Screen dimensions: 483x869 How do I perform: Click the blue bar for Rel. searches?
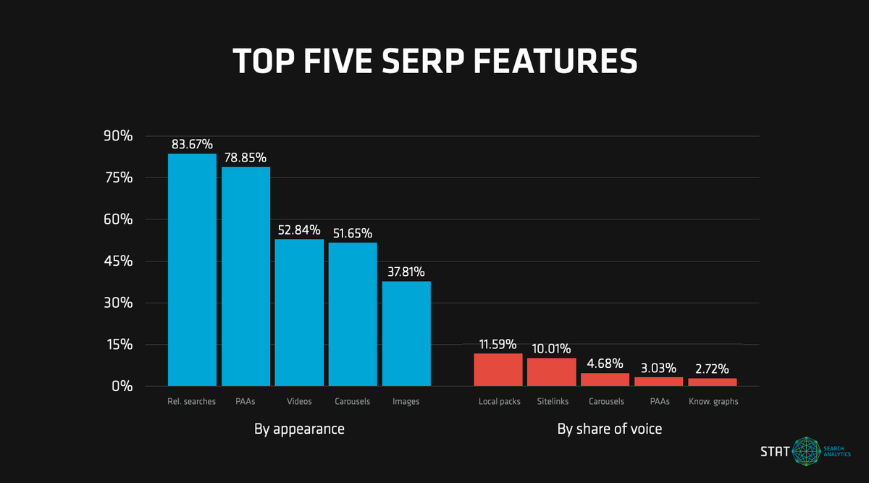[x=192, y=269]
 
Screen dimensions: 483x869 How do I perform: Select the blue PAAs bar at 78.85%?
[x=245, y=277]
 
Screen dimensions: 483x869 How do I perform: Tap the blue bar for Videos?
[x=299, y=312]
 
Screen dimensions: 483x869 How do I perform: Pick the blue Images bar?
[x=406, y=333]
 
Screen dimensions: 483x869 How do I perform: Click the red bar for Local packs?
[x=498, y=369]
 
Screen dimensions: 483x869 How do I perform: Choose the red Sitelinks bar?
[x=552, y=371]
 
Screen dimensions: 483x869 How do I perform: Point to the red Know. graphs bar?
[x=713, y=382]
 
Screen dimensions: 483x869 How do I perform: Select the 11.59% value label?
[x=499, y=343]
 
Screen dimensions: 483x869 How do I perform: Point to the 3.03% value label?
[x=658, y=368]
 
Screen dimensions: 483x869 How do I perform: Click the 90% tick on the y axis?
[x=117, y=136]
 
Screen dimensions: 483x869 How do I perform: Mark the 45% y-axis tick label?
[x=117, y=261]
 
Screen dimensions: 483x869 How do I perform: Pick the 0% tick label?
[x=122, y=387]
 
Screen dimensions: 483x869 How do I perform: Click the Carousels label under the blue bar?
[x=353, y=401]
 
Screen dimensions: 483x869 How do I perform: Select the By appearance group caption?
[x=299, y=429]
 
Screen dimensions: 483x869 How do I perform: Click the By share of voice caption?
[x=609, y=429]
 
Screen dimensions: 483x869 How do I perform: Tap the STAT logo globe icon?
[x=805, y=450]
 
